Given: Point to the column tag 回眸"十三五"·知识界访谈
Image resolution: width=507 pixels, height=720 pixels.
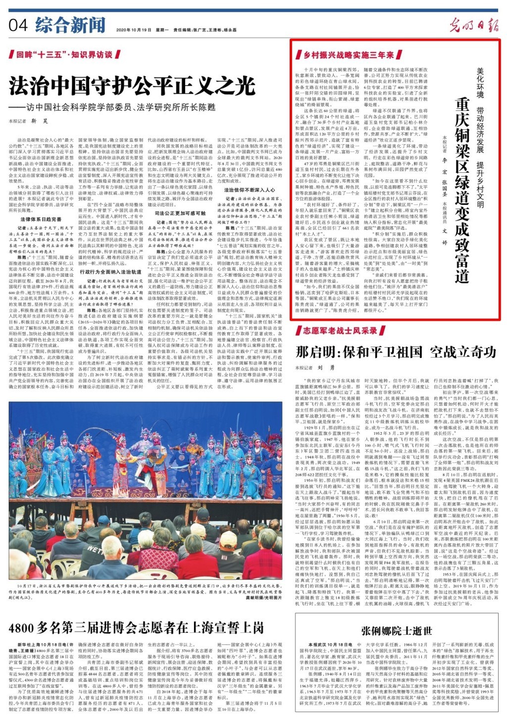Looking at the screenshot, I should pos(64,54).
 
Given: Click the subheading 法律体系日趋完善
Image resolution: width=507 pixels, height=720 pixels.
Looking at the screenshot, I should pos(41,219).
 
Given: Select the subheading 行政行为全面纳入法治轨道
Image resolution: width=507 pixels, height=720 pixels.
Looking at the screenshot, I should pos(110,272).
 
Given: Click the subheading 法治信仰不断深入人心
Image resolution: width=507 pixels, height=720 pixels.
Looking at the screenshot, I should pos(250,190).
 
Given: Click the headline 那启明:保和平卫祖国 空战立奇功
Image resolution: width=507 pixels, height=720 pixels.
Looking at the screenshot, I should pos(396,352).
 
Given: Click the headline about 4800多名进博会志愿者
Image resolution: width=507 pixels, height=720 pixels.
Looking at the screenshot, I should pos(137,628).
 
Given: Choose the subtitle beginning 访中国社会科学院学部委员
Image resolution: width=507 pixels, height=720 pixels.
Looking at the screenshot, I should pos(116,107).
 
